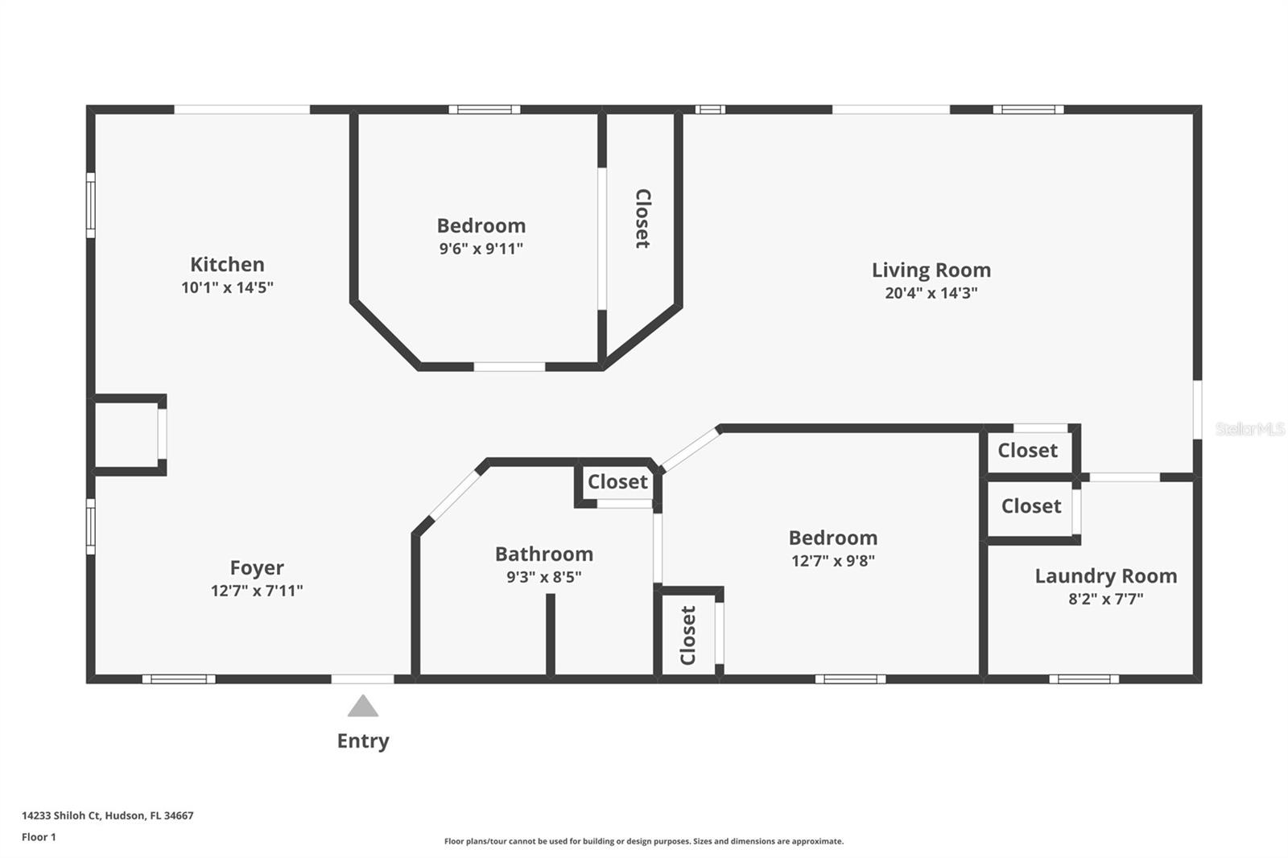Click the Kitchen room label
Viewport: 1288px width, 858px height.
point(227,265)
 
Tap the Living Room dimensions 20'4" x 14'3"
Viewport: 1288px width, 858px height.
point(931,293)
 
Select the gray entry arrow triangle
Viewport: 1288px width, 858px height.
point(363,707)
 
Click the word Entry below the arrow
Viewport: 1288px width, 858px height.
point(363,741)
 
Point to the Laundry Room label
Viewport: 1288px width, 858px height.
point(1105,576)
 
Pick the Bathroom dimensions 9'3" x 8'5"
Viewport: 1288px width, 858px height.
point(543,577)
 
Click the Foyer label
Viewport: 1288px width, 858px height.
point(257,568)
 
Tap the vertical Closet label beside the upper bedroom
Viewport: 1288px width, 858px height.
point(642,219)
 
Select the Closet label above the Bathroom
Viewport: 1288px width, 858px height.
point(617,482)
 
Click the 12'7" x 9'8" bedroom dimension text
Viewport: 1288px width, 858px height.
point(832,561)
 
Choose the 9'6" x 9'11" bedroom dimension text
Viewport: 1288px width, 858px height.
point(481,249)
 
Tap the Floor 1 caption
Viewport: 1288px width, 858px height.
point(39,837)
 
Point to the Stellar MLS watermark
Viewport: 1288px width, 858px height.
point(1249,429)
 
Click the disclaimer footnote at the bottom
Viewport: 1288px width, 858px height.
point(643,841)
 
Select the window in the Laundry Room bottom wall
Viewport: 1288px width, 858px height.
point(1084,679)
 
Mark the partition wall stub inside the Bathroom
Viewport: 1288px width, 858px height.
point(551,634)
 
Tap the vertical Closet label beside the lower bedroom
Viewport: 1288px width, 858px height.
point(687,636)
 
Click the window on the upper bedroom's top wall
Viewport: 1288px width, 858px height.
point(484,109)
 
